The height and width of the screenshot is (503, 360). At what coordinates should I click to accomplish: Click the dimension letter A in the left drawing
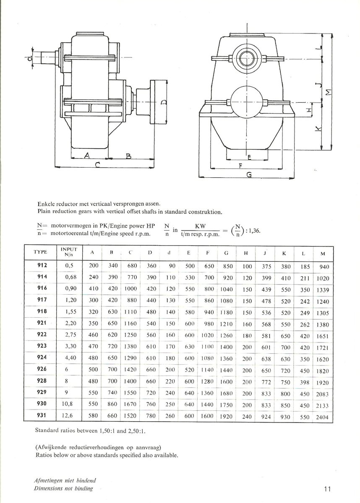coord(87,156)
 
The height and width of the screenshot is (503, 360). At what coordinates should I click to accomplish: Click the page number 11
coord(328,488)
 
